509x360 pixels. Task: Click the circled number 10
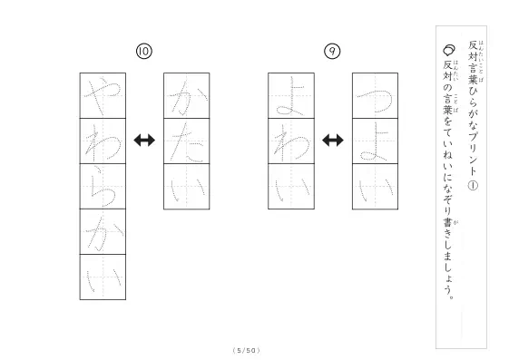coord(144,52)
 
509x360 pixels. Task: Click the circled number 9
coord(332,52)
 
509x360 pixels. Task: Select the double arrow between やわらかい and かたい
coord(144,141)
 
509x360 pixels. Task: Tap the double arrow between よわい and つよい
coord(333,141)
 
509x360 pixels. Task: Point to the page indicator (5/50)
coord(247,350)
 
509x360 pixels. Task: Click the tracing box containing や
coord(103,96)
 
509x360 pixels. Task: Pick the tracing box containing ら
coord(103,187)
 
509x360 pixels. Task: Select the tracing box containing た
coord(187,141)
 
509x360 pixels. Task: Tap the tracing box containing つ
coord(376,96)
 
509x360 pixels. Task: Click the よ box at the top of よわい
coord(291,96)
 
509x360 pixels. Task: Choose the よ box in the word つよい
coord(376,141)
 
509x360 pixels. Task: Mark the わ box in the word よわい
coord(291,141)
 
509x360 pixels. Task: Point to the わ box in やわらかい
coord(103,141)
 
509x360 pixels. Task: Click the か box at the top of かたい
coord(187,96)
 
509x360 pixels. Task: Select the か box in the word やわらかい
coord(103,232)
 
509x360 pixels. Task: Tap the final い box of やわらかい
coord(103,277)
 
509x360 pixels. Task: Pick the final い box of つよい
coord(376,187)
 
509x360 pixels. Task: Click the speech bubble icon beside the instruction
coord(449,50)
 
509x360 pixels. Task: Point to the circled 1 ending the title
coord(473,186)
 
